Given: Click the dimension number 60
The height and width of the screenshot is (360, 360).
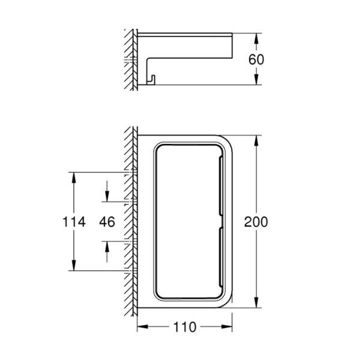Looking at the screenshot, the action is [256, 59].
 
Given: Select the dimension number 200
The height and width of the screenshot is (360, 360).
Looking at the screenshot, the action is [256, 222].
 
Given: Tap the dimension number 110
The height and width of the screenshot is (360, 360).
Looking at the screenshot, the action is [185, 327].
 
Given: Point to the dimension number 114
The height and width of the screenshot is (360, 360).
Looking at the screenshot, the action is [74, 222].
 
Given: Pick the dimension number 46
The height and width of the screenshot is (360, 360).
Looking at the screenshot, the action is [107, 222].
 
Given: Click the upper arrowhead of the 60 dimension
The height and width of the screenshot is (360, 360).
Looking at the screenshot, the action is [256, 38].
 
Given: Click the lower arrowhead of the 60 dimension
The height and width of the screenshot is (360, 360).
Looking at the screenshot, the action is [256, 79].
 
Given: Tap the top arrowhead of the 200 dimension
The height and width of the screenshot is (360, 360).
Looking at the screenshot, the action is [256, 140].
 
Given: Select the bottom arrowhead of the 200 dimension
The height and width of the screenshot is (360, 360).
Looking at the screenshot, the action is [256, 302].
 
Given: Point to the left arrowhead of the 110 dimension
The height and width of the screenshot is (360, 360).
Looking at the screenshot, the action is [143, 327].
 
